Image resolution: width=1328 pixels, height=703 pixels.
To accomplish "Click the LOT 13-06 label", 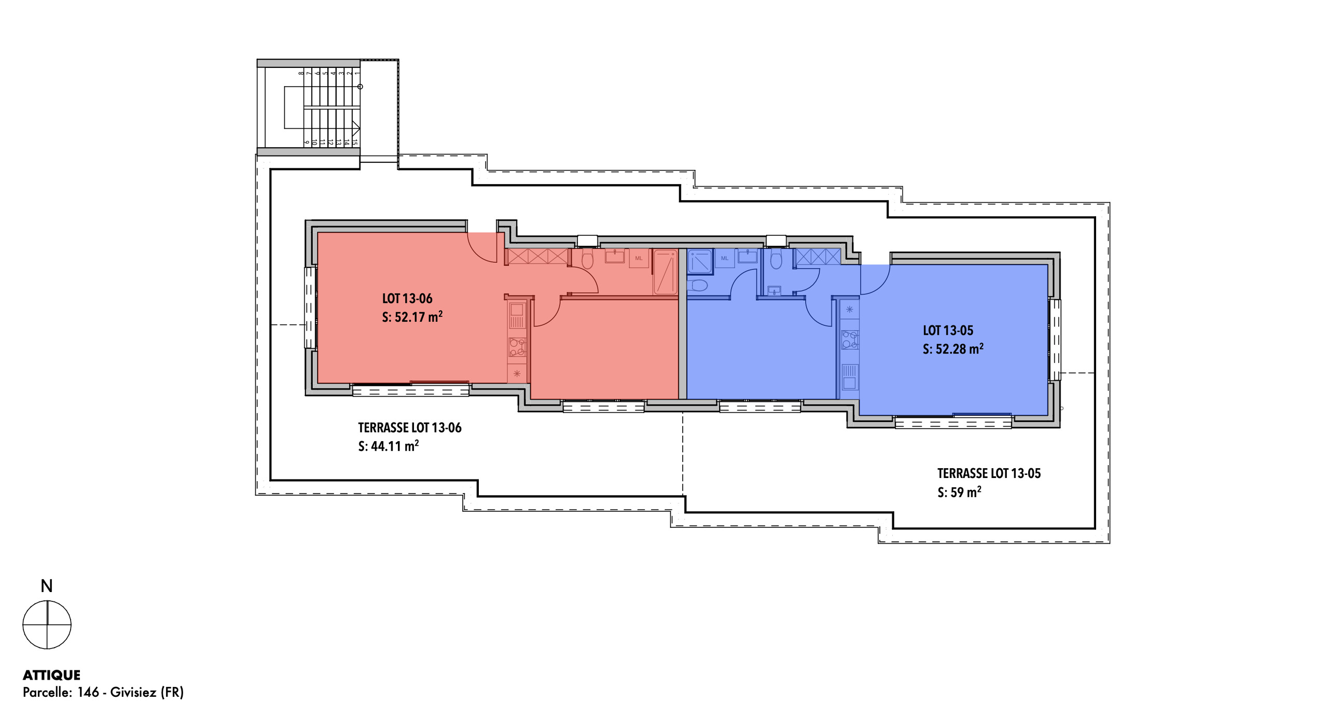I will (407, 299).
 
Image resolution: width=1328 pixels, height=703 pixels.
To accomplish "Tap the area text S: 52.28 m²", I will (953, 349).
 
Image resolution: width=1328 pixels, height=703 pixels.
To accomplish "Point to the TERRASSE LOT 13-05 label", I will (989, 473).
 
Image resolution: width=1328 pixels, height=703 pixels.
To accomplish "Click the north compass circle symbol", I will (47, 624).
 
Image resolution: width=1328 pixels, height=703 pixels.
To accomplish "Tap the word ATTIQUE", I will (51, 675).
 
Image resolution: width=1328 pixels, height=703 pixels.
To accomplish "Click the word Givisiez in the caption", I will (133, 692).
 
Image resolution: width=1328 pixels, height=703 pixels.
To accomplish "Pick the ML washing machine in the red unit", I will (639, 258).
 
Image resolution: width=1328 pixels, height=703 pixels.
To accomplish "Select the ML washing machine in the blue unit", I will (725, 258).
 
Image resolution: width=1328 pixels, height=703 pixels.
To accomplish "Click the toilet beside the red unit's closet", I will (587, 259).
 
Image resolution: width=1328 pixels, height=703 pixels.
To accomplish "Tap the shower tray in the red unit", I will (665, 272).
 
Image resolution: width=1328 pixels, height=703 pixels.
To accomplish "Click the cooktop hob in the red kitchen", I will (517, 346).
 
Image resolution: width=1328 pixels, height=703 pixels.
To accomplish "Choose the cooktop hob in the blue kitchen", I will (850, 340).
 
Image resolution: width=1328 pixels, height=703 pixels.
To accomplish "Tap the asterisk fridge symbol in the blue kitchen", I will (850, 310).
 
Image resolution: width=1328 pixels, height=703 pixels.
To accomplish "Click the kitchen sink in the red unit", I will (517, 316).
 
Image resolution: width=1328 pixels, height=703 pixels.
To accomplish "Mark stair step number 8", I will (301, 73).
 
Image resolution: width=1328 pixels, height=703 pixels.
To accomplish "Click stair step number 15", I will (355, 142).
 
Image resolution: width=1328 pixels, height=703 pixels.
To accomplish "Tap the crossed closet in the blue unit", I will (818, 256).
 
